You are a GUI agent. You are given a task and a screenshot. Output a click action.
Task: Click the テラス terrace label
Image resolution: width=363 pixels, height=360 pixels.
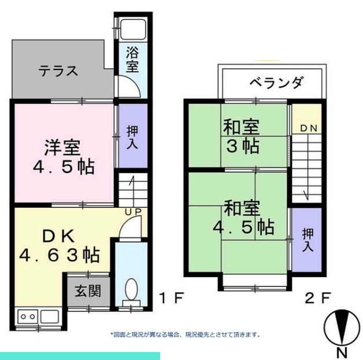(x=58, y=71)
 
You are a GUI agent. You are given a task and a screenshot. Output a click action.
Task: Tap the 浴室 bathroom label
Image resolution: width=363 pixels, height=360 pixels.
(x=132, y=60)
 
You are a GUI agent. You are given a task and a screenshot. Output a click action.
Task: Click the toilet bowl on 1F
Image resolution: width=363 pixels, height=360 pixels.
(x=131, y=290)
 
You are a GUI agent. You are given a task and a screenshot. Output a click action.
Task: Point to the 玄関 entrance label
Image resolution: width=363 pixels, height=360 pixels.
(x=88, y=291)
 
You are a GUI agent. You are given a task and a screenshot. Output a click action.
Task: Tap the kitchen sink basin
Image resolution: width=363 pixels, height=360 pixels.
(x=50, y=317)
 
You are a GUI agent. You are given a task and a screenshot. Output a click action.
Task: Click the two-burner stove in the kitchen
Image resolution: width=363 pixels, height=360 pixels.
(x=28, y=317)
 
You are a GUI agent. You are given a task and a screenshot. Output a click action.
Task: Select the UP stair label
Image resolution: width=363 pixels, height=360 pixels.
(x=133, y=212)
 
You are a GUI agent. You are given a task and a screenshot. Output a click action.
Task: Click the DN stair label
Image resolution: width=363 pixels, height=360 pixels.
(x=308, y=128)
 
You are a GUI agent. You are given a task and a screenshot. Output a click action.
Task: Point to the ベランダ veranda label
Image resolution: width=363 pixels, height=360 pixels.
(x=276, y=82)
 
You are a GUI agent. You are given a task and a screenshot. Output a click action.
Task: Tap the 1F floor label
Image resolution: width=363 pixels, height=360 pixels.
(x=172, y=298)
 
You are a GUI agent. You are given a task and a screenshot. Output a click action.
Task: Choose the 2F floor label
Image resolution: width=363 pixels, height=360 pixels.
(x=317, y=298)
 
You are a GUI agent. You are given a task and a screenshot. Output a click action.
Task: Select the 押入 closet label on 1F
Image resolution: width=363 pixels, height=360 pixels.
(x=132, y=138)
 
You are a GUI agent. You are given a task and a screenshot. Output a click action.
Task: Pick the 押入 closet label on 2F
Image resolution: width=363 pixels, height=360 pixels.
(x=308, y=240)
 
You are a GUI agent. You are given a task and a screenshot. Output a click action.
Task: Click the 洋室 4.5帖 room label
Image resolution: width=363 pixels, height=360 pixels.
(x=64, y=157)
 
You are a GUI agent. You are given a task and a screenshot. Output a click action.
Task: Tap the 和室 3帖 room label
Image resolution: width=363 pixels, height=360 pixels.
(x=242, y=137)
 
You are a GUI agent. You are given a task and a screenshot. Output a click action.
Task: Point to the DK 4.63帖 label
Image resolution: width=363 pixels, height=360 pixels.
(x=60, y=245)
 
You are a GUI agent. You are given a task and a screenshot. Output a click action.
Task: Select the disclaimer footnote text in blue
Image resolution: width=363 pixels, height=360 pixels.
(x=185, y=335)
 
